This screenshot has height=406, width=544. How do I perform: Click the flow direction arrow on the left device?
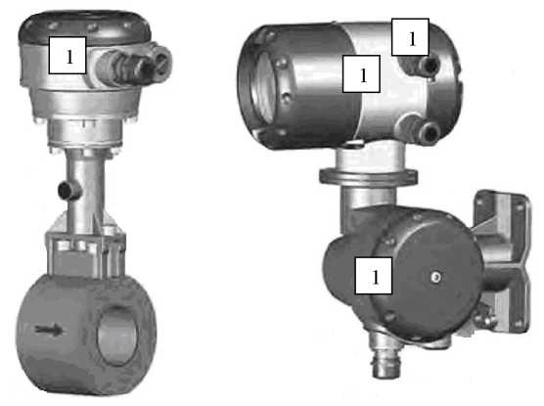coord(50,330)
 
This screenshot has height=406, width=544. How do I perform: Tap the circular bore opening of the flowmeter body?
coord(116,335)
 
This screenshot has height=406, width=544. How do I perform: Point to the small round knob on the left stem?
coord(68,190)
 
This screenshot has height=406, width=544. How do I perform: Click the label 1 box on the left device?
coord(68,55)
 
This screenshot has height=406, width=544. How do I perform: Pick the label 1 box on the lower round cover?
coord(374,276)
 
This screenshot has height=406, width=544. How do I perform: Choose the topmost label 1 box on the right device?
coord(410,37)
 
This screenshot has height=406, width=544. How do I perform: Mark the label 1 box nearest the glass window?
coord(361,73)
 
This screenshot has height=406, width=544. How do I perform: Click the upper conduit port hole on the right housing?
coord(431,64)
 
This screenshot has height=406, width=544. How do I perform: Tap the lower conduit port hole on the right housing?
coord(430,132)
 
